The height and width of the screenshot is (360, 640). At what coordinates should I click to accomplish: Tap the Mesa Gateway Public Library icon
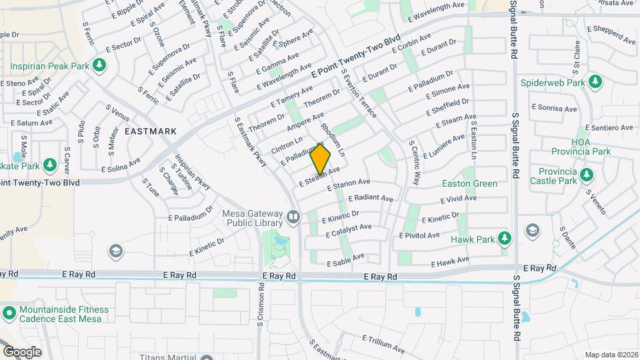click(x=293, y=217)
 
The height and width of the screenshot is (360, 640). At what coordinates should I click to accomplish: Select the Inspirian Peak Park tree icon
click(x=99, y=65)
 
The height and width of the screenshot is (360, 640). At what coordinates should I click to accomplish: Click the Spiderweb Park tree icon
click(x=595, y=82)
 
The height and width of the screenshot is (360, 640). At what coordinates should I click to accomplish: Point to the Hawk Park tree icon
click(x=505, y=238)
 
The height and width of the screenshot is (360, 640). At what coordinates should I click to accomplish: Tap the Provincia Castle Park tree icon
click(x=586, y=175)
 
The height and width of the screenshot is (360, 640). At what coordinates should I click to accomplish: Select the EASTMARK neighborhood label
click(x=151, y=131)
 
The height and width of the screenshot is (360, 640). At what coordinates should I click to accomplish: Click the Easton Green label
click(x=470, y=183)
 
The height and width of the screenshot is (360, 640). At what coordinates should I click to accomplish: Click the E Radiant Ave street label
click(x=370, y=199)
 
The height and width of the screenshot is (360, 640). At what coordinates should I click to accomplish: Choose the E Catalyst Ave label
click(x=349, y=230)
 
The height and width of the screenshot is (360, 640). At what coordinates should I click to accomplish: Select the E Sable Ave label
click(x=346, y=260)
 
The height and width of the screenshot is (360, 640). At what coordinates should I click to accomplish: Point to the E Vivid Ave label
click(x=459, y=199)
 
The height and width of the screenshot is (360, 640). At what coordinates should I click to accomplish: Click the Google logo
click(x=22, y=351)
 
